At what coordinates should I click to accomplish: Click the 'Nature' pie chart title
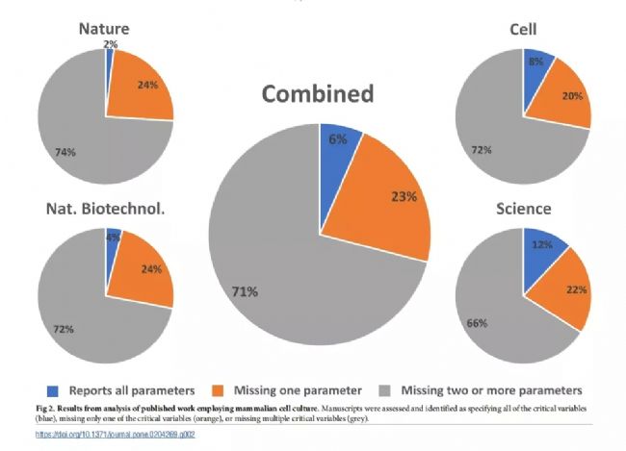coord(105,30)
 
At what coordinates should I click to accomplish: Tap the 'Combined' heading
coord(318,94)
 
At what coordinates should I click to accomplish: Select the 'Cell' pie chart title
coord(523,31)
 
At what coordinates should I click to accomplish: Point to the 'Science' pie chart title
coord(523,209)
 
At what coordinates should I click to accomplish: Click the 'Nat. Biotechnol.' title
coord(105,209)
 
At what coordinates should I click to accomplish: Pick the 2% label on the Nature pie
coord(111,44)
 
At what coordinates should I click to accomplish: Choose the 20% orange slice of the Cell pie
coord(568,97)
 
